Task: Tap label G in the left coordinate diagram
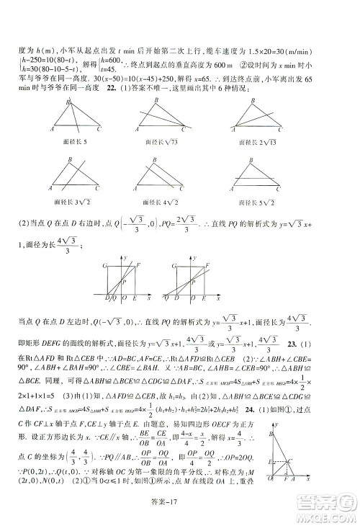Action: click(x=107, y=267)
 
